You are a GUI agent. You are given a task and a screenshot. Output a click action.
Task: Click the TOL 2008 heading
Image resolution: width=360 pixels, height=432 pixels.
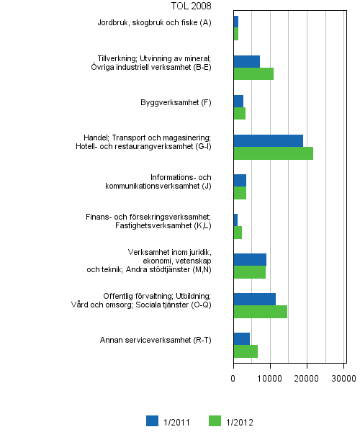click(x=192, y=6)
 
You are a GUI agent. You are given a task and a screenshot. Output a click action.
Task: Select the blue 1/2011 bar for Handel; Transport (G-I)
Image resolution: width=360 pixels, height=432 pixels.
click(x=268, y=140)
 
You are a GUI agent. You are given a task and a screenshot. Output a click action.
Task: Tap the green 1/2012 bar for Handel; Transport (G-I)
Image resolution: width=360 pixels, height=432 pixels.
click(x=273, y=153)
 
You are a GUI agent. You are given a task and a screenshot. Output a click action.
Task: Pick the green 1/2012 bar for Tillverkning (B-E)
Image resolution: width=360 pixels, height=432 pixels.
click(x=253, y=73)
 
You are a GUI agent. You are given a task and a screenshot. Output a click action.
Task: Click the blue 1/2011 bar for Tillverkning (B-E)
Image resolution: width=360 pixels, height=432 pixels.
click(x=246, y=61)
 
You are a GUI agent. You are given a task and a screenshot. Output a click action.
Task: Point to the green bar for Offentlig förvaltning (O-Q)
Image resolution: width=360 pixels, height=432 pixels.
click(x=260, y=312)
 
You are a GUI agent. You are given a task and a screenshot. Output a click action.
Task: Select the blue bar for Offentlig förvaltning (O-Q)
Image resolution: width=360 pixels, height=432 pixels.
click(x=254, y=299)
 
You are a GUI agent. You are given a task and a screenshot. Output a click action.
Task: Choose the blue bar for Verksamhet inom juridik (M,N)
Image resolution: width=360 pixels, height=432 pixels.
click(x=250, y=259)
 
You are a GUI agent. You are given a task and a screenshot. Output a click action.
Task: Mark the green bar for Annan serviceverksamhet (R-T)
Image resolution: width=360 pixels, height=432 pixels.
click(x=246, y=351)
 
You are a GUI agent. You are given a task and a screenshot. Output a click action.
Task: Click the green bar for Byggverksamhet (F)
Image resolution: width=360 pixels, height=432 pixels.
click(x=239, y=113)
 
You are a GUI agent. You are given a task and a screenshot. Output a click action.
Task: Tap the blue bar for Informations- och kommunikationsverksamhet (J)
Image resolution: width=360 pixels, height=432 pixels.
click(x=240, y=180)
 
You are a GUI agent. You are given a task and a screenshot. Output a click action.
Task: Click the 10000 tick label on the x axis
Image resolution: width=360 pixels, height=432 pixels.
click(x=270, y=377)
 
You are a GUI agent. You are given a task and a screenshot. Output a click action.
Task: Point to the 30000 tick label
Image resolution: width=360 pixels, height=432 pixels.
click(x=343, y=377)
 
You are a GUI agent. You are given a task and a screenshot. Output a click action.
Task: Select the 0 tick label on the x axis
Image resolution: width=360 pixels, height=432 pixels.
click(x=233, y=377)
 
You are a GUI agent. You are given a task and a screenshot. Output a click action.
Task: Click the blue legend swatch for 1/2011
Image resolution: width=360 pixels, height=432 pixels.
click(x=152, y=421)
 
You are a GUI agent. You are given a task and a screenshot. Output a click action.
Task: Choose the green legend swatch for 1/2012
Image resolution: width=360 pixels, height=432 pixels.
click(x=214, y=421)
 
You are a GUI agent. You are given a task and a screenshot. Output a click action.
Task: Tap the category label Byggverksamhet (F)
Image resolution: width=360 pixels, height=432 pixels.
click(x=176, y=102)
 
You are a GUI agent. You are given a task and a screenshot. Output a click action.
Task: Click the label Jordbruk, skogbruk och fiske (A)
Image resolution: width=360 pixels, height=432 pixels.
click(x=155, y=23)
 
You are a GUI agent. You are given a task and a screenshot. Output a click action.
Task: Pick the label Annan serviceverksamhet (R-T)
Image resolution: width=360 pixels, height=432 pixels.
click(x=156, y=340)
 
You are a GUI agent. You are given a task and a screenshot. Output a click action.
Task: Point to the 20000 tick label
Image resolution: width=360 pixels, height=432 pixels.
click(x=307, y=377)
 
